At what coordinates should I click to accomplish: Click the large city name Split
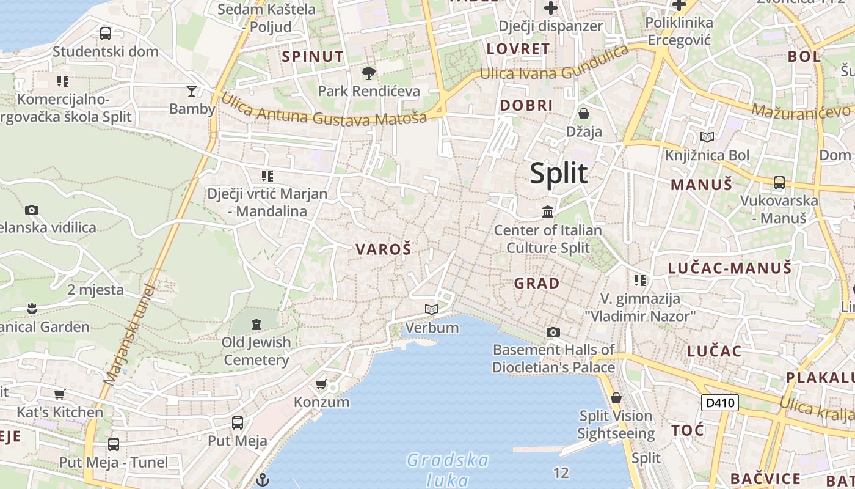tap(559, 174)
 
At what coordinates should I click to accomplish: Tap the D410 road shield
tap(719, 403)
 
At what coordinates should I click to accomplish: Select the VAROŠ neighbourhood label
tap(384, 249)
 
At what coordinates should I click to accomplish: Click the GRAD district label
tap(537, 283)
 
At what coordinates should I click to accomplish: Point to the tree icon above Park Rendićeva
tap(368, 73)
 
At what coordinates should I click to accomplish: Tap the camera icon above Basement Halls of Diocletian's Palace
tap(553, 332)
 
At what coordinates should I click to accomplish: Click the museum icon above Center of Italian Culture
tap(548, 212)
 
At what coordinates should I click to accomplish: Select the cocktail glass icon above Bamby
tap(192, 91)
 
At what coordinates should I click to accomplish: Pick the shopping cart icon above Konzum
tap(321, 384)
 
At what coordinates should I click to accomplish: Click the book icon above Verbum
tap(432, 309)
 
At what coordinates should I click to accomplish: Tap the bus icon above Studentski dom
tap(106, 34)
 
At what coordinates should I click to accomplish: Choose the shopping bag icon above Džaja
tap(584, 114)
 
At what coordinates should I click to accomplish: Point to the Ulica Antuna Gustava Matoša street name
tap(324, 111)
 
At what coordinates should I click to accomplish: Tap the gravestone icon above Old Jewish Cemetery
tap(256, 324)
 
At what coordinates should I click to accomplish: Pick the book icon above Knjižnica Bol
tap(707, 138)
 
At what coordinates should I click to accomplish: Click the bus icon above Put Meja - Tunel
tap(113, 444)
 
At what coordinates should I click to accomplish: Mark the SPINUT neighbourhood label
tap(313, 57)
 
